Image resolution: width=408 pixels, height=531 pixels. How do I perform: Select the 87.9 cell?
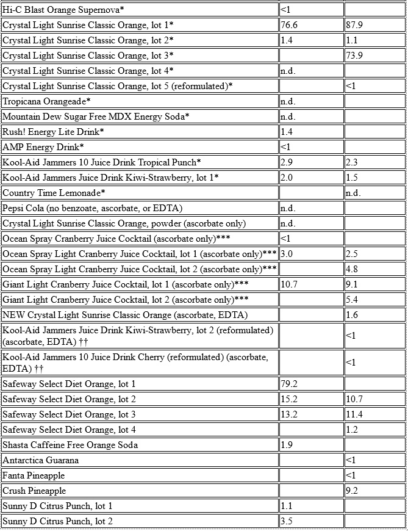tap(354, 25)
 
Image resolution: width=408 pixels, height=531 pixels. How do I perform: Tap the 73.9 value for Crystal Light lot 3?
tap(354, 56)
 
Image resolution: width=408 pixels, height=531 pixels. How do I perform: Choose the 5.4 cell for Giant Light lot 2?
tap(352, 300)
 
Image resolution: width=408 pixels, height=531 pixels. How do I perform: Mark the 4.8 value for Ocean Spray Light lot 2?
tap(352, 269)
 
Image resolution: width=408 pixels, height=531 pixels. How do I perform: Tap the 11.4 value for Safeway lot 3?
tap(354, 414)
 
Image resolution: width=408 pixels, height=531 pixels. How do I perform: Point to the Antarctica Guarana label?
tap(41, 460)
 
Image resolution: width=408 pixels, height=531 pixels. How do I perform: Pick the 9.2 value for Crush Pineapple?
tap(352, 491)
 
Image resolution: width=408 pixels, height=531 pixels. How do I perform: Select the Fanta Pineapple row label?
tap(34, 475)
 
